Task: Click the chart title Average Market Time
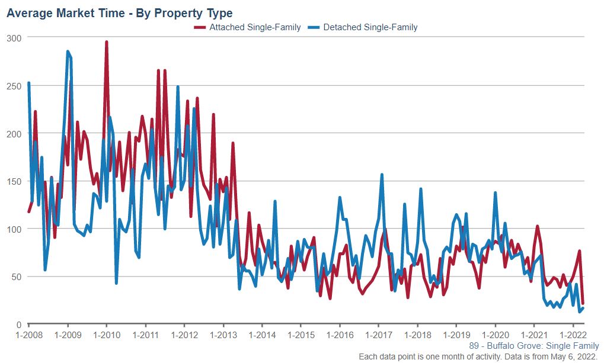pyautogui.click(x=119, y=12)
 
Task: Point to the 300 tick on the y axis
pyautogui.click(x=14, y=38)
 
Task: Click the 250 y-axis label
pyautogui.click(x=14, y=86)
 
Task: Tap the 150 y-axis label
pyautogui.click(x=14, y=181)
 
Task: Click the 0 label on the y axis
pyautogui.click(x=18, y=325)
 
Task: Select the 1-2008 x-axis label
pyautogui.click(x=28, y=335)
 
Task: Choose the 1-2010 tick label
pyautogui.click(x=107, y=335)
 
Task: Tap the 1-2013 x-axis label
pyautogui.click(x=223, y=335)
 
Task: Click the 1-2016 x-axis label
pyautogui.click(x=340, y=335)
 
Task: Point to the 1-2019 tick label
pyautogui.click(x=456, y=335)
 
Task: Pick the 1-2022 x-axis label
pyautogui.click(x=573, y=335)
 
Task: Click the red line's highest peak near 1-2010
pyautogui.click(x=106, y=42)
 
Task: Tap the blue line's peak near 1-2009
pyautogui.click(x=68, y=52)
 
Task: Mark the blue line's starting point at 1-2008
pyautogui.click(x=28, y=83)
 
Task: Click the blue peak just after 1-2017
pyautogui.click(x=382, y=175)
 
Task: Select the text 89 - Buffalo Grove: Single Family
pyautogui.click(x=533, y=346)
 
